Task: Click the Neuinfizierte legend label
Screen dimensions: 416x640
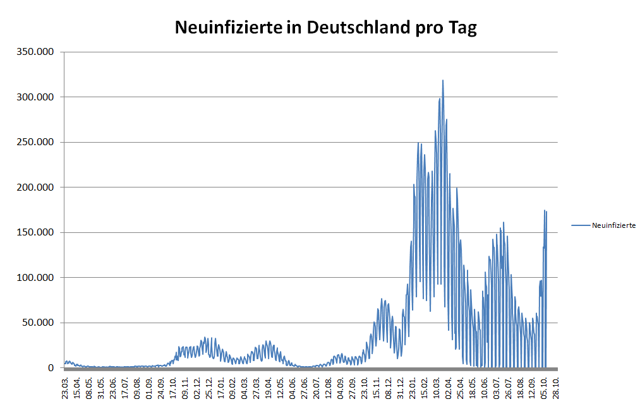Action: tap(613, 225)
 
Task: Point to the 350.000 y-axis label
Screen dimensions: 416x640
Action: tap(36, 52)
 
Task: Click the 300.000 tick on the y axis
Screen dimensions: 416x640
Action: tap(36, 97)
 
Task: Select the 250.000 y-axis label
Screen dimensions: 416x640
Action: tap(36, 142)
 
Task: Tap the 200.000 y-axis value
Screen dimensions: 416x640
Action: tap(36, 187)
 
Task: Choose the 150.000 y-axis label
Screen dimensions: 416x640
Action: tap(36, 232)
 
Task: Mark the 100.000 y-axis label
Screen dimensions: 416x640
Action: tap(36, 278)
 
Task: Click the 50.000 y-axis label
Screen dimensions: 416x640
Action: tap(39, 323)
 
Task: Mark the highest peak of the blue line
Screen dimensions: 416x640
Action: tap(443, 80)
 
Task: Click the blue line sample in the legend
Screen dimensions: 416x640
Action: tap(580, 225)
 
